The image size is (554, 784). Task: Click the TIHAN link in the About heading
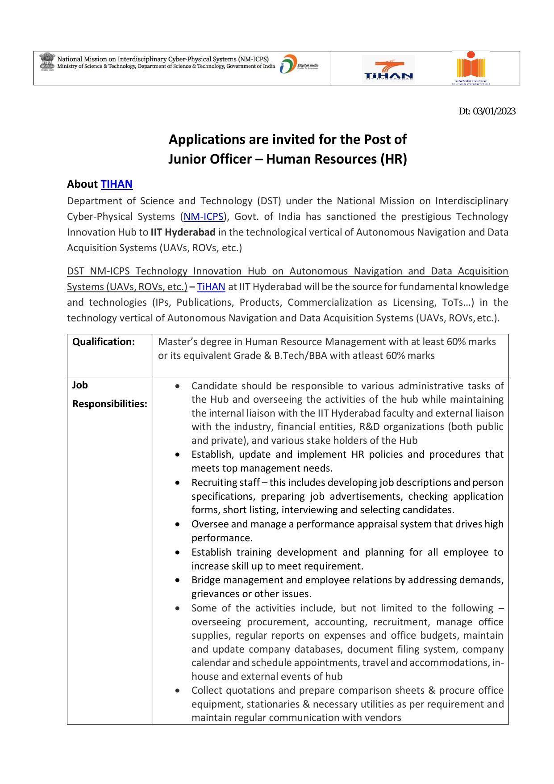(x=117, y=184)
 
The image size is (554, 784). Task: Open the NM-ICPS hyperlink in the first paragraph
(x=203, y=217)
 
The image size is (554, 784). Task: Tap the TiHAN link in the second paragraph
(x=211, y=287)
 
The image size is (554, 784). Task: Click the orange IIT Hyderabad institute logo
(x=471, y=67)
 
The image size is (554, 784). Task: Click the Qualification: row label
(x=103, y=342)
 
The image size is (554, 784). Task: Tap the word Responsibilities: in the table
(x=110, y=404)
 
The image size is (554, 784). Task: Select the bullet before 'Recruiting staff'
(x=178, y=483)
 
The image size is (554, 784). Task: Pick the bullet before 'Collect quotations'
(x=178, y=691)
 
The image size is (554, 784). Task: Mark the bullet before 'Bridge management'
(x=178, y=581)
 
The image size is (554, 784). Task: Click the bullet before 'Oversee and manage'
(x=178, y=524)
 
